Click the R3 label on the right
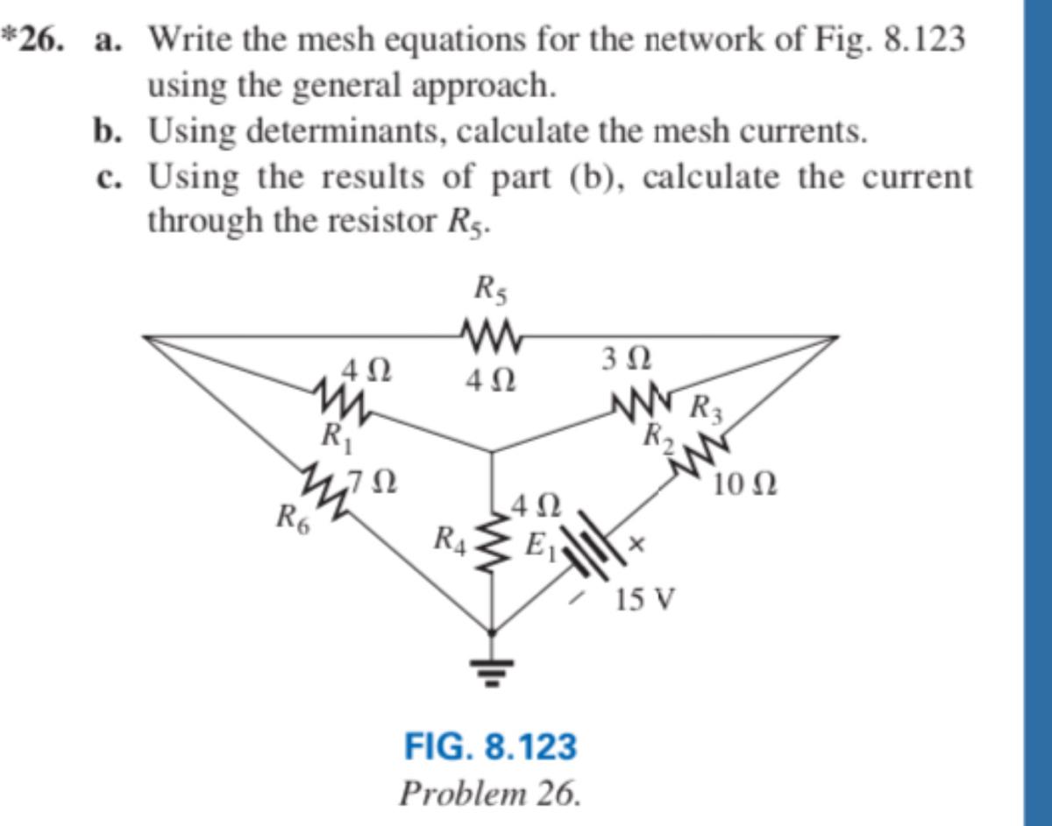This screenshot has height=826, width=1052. (708, 409)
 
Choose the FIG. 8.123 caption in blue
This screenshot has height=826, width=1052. (490, 747)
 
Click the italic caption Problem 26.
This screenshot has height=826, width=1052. (490, 793)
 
